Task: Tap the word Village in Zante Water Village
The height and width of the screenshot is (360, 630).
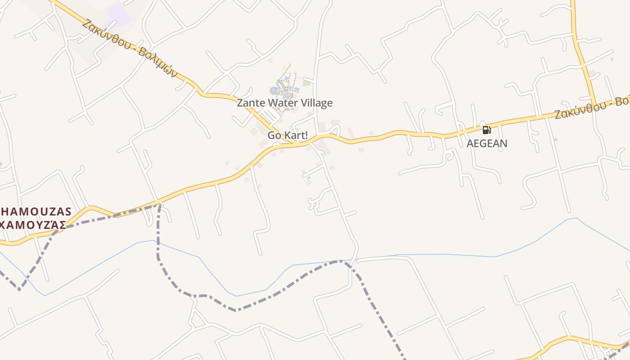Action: (315, 103)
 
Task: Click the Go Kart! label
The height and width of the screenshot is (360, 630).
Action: (288, 135)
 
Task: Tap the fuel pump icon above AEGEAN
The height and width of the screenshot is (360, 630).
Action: (486, 130)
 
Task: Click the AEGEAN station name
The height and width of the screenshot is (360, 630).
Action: (487, 144)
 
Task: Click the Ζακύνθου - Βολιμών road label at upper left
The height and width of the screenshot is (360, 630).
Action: (130, 49)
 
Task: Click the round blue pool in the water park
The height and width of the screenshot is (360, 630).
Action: (274, 90)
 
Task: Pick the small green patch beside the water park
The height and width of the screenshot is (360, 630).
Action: (306, 83)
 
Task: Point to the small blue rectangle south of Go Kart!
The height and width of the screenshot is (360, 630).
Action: (308, 178)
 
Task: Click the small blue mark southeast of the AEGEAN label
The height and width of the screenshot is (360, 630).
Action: (556, 140)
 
